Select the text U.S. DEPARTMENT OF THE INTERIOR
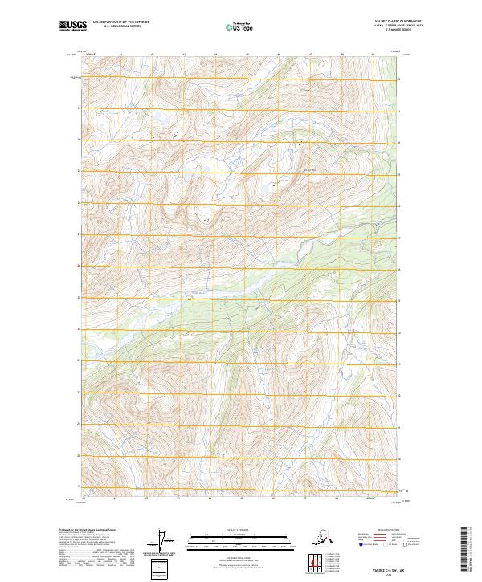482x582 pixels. pos(121,23)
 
